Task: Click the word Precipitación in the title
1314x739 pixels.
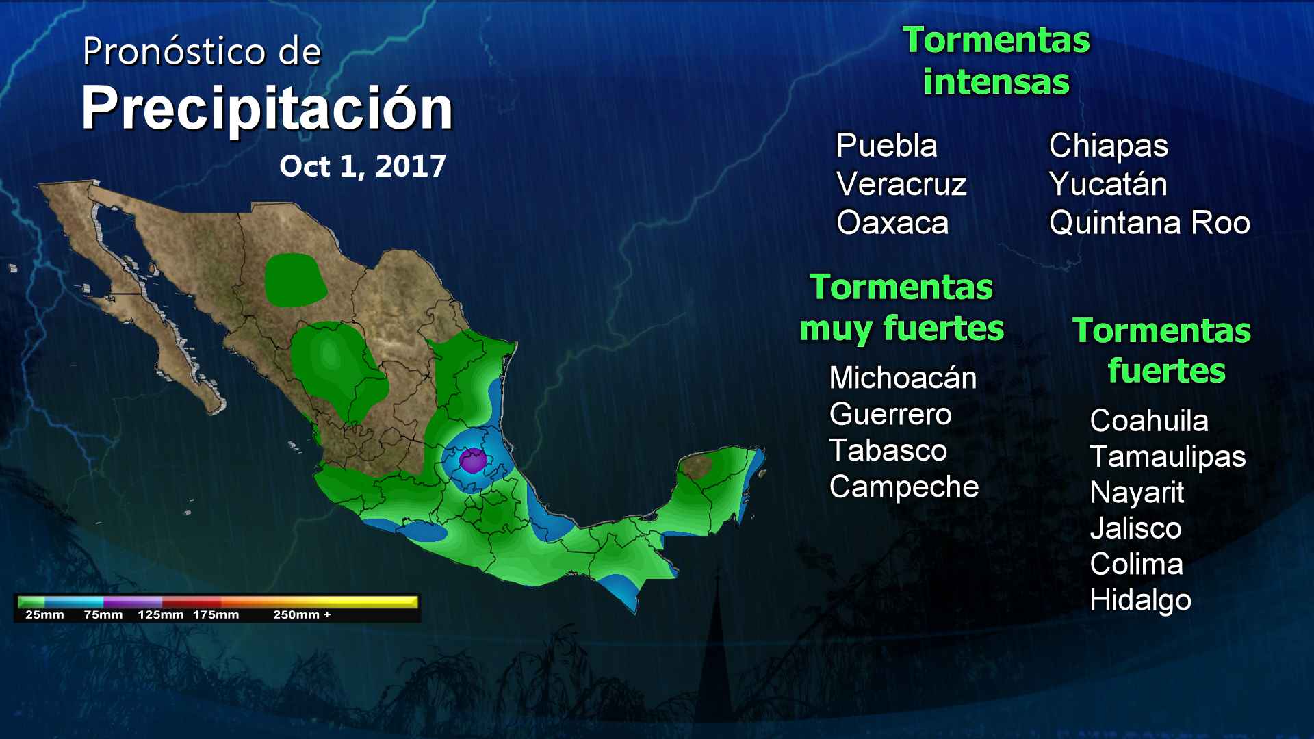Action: [267, 109]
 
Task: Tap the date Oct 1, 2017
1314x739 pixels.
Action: [363, 166]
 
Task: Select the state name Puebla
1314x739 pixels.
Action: [886, 146]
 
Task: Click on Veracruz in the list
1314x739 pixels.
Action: [901, 185]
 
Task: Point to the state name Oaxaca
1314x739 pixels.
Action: [892, 223]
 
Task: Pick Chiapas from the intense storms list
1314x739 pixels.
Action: [1108, 146]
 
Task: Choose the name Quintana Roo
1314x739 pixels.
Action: [1149, 223]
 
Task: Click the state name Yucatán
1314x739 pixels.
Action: [1107, 185]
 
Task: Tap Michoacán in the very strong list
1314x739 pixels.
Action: [903, 378]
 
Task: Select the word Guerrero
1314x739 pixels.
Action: [890, 415]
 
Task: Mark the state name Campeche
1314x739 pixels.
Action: [904, 487]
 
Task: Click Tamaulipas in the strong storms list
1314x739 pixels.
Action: [1168, 457]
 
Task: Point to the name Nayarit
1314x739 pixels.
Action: [1137, 493]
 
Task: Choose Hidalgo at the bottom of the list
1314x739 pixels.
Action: [1140, 601]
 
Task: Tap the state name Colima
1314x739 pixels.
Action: [1136, 565]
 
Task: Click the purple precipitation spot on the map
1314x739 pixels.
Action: [472, 460]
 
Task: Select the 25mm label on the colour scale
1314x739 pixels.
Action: [44, 614]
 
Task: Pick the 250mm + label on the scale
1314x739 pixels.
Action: [302, 614]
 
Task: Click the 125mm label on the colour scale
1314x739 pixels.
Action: [161, 614]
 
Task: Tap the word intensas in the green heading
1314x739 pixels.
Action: [996, 82]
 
